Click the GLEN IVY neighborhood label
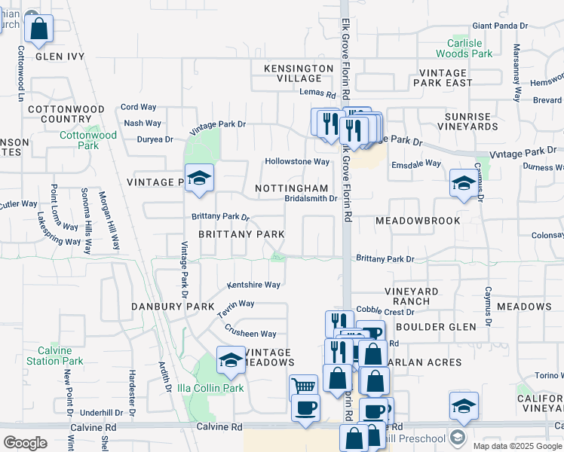[x=60, y=56]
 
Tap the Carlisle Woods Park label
[x=464, y=48]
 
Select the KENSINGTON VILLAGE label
[x=299, y=73]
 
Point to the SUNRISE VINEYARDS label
[x=471, y=122]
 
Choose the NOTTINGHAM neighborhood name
[x=292, y=188]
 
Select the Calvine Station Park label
[x=55, y=356]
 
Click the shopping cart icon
[x=303, y=386]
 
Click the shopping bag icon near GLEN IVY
[x=39, y=29]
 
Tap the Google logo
[x=25, y=442]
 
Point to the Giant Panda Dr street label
[x=499, y=25]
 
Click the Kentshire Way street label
[x=254, y=285]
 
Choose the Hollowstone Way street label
[x=297, y=162]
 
